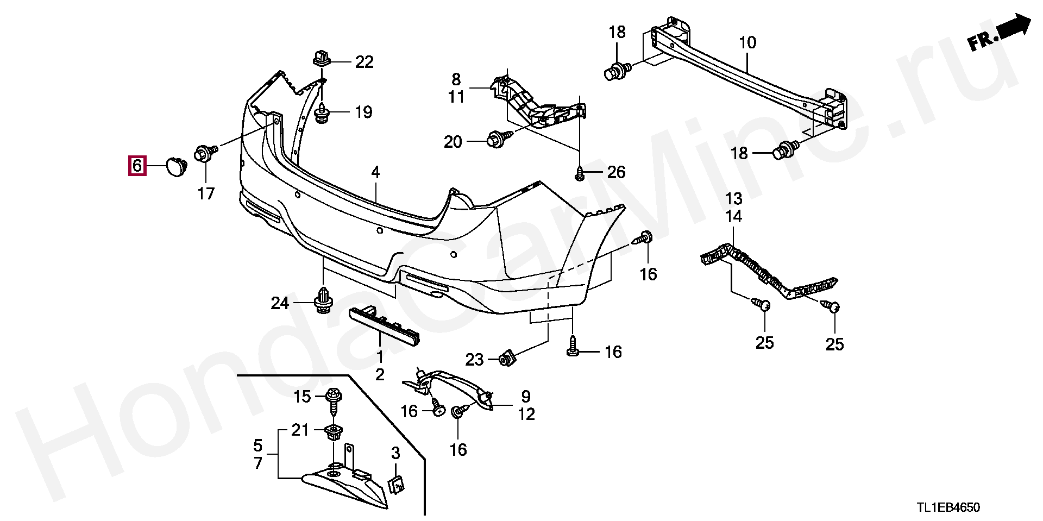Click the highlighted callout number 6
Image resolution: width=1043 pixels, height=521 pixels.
coord(136,165)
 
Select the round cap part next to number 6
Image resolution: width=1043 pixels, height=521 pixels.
coord(175,166)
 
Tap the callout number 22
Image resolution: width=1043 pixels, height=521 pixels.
coord(365,62)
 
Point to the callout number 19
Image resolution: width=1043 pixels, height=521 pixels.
coord(363,112)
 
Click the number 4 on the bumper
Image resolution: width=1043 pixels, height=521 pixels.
coord(375,173)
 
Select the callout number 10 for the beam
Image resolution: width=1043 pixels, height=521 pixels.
coord(747,43)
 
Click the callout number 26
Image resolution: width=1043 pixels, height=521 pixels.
coord(616,173)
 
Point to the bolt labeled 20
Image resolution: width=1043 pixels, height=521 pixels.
coord(499,138)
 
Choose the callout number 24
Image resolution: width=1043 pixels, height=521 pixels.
coord(280,303)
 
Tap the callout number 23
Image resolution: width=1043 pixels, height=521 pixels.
coord(474,360)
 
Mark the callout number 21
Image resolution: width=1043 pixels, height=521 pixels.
coord(299,430)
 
